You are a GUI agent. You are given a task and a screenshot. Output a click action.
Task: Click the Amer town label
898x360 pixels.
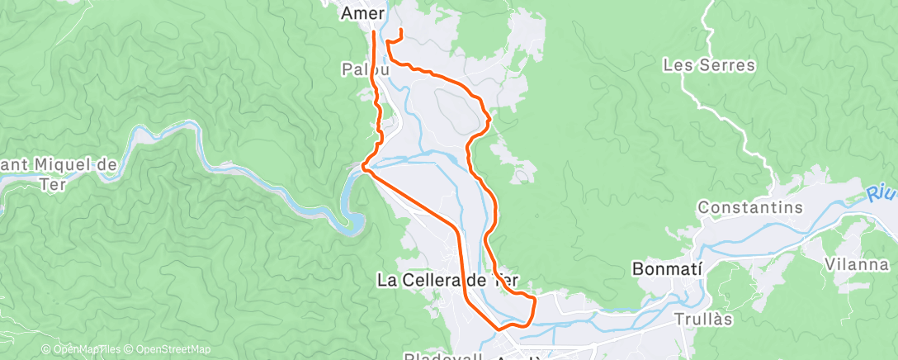[x=362, y=13]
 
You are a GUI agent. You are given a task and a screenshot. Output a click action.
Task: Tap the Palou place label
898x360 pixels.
[x=361, y=70]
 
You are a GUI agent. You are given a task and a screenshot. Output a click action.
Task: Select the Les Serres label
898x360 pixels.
[x=709, y=65]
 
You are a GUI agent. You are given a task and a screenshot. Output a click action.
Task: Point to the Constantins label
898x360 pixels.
[x=750, y=208]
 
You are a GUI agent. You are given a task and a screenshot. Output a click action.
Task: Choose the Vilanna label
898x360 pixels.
[x=856, y=265]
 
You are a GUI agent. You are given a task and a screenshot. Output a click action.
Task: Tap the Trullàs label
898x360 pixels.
[x=703, y=318]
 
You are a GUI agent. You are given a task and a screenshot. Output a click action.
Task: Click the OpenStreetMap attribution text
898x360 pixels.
[x=168, y=349]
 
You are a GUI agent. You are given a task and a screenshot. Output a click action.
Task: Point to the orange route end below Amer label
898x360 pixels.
[x=374, y=33]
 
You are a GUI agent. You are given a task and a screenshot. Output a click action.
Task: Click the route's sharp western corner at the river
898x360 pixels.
[x=363, y=167]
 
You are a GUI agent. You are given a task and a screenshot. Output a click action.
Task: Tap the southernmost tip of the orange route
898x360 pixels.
[x=499, y=329]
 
